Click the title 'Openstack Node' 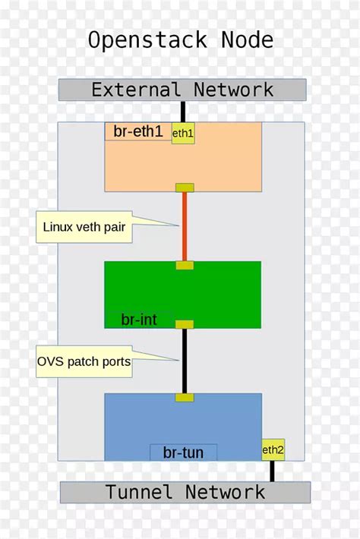pyautogui.click(x=180, y=39)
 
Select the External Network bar pyautogui.click(x=182, y=90)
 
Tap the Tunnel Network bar pyautogui.click(x=185, y=492)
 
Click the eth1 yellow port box pyautogui.click(x=183, y=133)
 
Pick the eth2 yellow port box pyautogui.click(x=273, y=449)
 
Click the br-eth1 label pyautogui.click(x=138, y=131)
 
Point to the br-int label pyautogui.click(x=139, y=320)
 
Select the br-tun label pyautogui.click(x=183, y=452)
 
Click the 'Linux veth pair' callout pyautogui.click(x=84, y=226)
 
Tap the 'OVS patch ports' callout pyautogui.click(x=84, y=362)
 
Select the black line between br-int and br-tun pyautogui.click(x=184, y=361)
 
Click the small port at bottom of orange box pyautogui.click(x=185, y=188)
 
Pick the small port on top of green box pyautogui.click(x=185, y=265)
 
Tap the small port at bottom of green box pyautogui.click(x=185, y=324)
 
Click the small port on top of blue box pyautogui.click(x=185, y=397)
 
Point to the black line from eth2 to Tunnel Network pyautogui.click(x=272, y=471)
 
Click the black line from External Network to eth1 pyautogui.click(x=183, y=111)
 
